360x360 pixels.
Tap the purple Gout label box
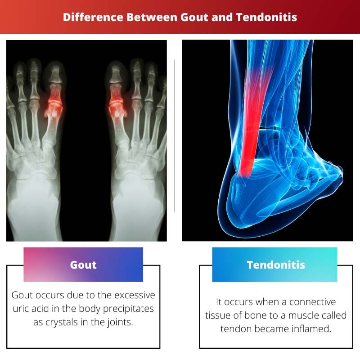tap(83, 265)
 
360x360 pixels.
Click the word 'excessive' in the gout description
tap(134, 295)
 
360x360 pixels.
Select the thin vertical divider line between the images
tap(174, 135)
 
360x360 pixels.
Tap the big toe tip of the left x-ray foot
tap(55, 70)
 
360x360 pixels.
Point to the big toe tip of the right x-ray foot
tap(116, 70)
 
